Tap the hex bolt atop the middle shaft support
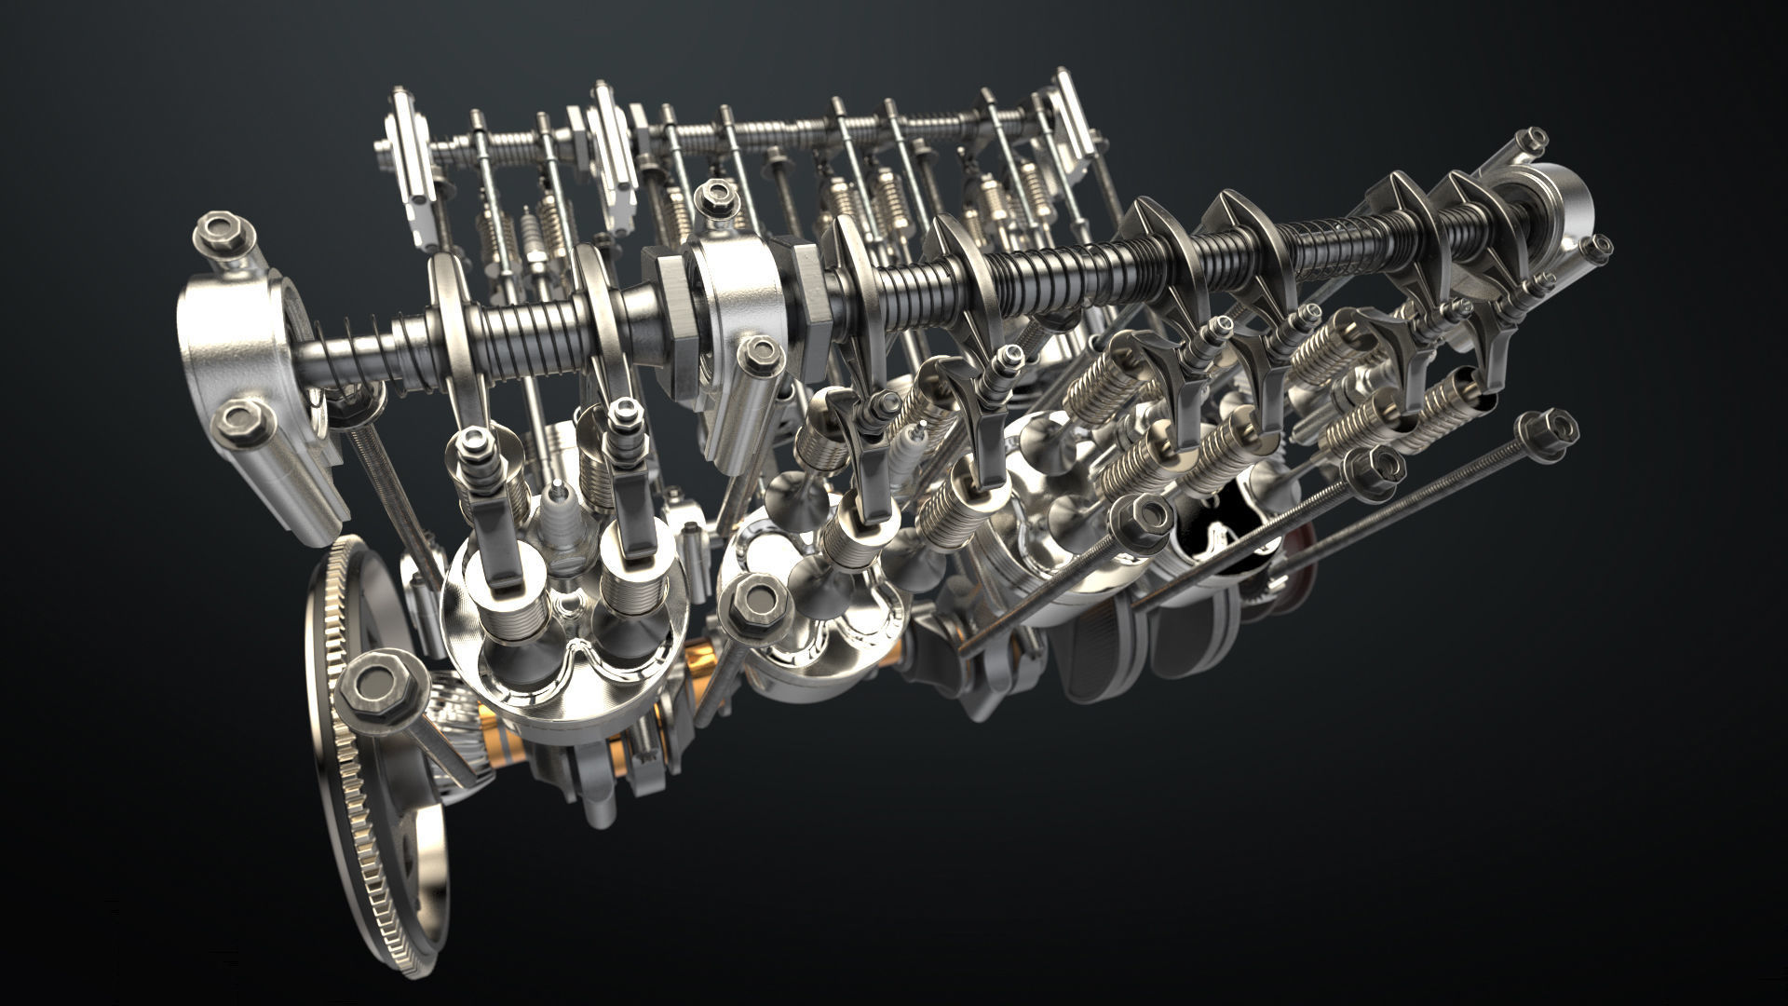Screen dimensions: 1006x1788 714,198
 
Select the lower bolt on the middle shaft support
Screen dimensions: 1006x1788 759,357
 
